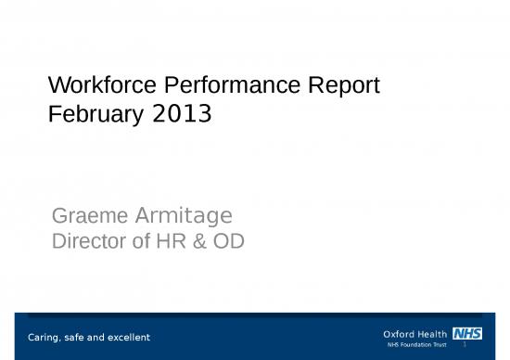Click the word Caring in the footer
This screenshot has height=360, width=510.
[x=45, y=336]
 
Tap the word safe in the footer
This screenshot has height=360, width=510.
[x=78, y=336]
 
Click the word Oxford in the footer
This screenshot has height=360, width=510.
[x=400, y=333]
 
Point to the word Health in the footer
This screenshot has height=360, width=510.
[x=434, y=333]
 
